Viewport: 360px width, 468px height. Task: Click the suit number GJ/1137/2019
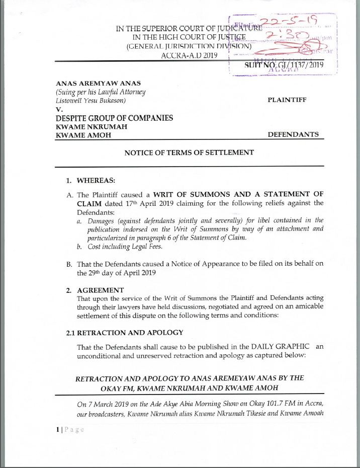(284, 65)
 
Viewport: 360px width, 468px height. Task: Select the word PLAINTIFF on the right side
(287, 100)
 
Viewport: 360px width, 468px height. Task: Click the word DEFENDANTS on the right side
(292, 135)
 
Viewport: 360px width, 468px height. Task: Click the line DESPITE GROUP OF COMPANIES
(114, 118)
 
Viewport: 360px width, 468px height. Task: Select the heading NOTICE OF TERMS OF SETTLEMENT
(189, 152)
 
